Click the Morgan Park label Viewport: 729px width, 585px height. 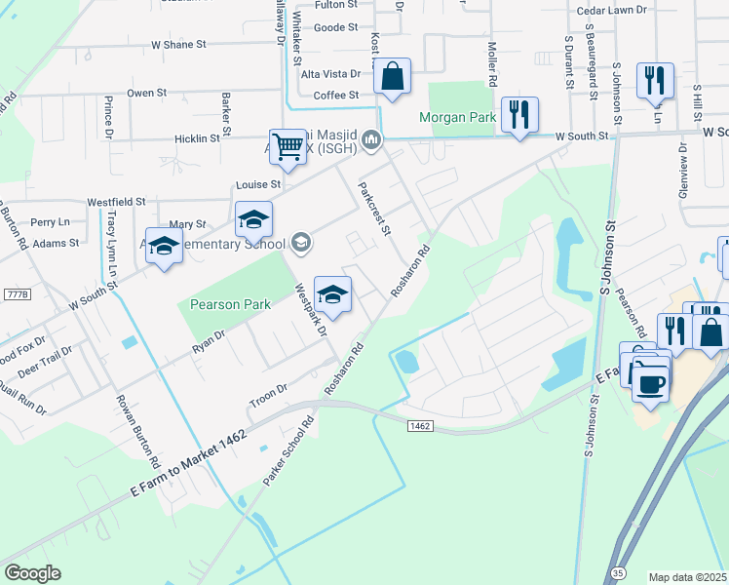458,118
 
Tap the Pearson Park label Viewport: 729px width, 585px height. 229,304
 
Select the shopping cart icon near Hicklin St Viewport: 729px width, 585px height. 288,148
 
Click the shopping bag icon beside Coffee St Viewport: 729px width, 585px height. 392,75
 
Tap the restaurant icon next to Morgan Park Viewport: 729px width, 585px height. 518,115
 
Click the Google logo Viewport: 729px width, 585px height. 32,573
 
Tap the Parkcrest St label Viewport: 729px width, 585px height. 374,209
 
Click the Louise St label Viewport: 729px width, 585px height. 258,184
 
